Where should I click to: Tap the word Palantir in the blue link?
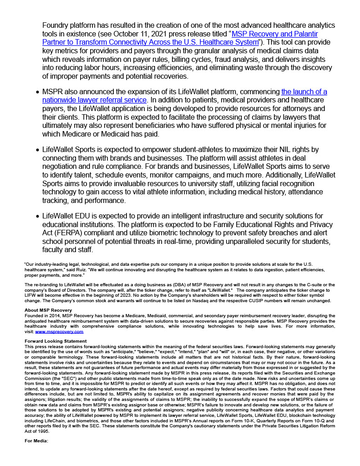(x=304, y=34)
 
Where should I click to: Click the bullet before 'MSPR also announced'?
(x=37, y=92)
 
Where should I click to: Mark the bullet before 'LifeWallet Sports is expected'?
(x=37, y=150)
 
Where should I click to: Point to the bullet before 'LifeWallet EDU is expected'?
(x=37, y=216)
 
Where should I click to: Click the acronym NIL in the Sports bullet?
(x=263, y=149)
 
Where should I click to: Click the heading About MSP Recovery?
(x=46, y=310)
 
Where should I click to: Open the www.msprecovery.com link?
(x=59, y=332)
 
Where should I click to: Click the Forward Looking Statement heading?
(x=55, y=341)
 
